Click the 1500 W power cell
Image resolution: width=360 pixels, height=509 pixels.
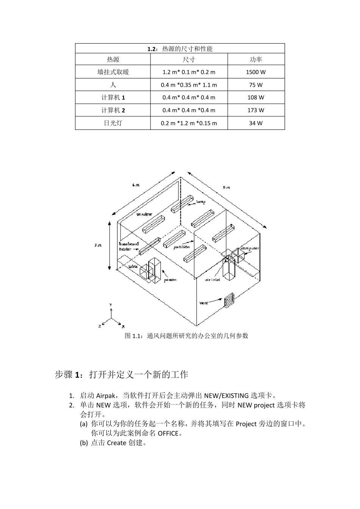256,72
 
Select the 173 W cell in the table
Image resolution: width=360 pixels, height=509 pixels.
256,110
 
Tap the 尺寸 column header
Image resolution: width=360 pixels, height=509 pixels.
189,59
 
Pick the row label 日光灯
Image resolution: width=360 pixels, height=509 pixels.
113,123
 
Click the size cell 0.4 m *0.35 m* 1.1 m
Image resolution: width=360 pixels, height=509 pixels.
189,85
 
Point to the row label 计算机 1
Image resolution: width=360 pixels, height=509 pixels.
113,98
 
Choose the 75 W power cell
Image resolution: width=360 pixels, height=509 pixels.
256,85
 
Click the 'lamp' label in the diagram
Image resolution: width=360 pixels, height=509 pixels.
201,202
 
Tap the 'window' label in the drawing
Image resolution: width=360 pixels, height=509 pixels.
144,214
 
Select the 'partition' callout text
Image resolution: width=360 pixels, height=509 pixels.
182,247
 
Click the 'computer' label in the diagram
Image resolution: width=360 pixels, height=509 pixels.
250,248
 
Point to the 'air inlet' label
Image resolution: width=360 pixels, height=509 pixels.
213,280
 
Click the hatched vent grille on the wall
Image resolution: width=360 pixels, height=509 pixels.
229,301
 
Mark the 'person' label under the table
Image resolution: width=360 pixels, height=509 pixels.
170,280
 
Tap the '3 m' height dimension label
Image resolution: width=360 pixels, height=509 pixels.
98,245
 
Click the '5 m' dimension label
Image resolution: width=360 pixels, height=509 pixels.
226,187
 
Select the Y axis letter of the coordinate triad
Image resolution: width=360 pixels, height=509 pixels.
111,304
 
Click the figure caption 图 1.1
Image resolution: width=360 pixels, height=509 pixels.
186,336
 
